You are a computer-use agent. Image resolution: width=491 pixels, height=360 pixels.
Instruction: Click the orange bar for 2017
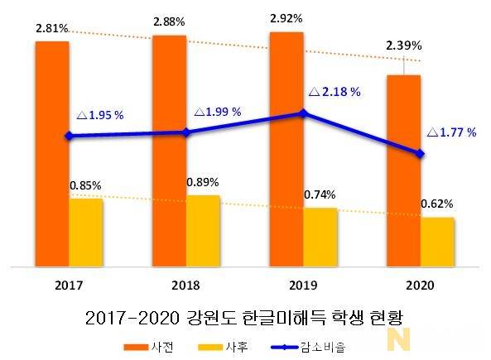[x=51, y=153]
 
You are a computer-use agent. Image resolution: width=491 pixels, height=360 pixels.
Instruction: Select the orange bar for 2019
[x=286, y=149]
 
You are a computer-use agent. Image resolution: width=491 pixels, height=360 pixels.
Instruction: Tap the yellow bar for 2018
[x=203, y=232]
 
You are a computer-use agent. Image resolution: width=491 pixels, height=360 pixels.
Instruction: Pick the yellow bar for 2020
[x=437, y=242]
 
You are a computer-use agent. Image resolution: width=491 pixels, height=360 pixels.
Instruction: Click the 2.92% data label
[x=286, y=17]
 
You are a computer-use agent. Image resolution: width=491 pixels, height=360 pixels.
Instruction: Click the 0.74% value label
[x=320, y=195]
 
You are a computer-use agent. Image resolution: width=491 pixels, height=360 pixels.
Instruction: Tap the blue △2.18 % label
[x=334, y=92]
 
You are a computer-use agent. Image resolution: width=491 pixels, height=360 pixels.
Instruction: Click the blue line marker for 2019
[x=303, y=113]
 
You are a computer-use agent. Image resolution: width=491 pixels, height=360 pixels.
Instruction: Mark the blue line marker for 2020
[x=421, y=154]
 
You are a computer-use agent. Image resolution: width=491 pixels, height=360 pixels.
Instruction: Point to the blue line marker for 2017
[x=69, y=136]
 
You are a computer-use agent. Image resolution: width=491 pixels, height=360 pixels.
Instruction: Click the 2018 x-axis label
[x=186, y=285]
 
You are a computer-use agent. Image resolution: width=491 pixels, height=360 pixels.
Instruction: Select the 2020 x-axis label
[x=421, y=285]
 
